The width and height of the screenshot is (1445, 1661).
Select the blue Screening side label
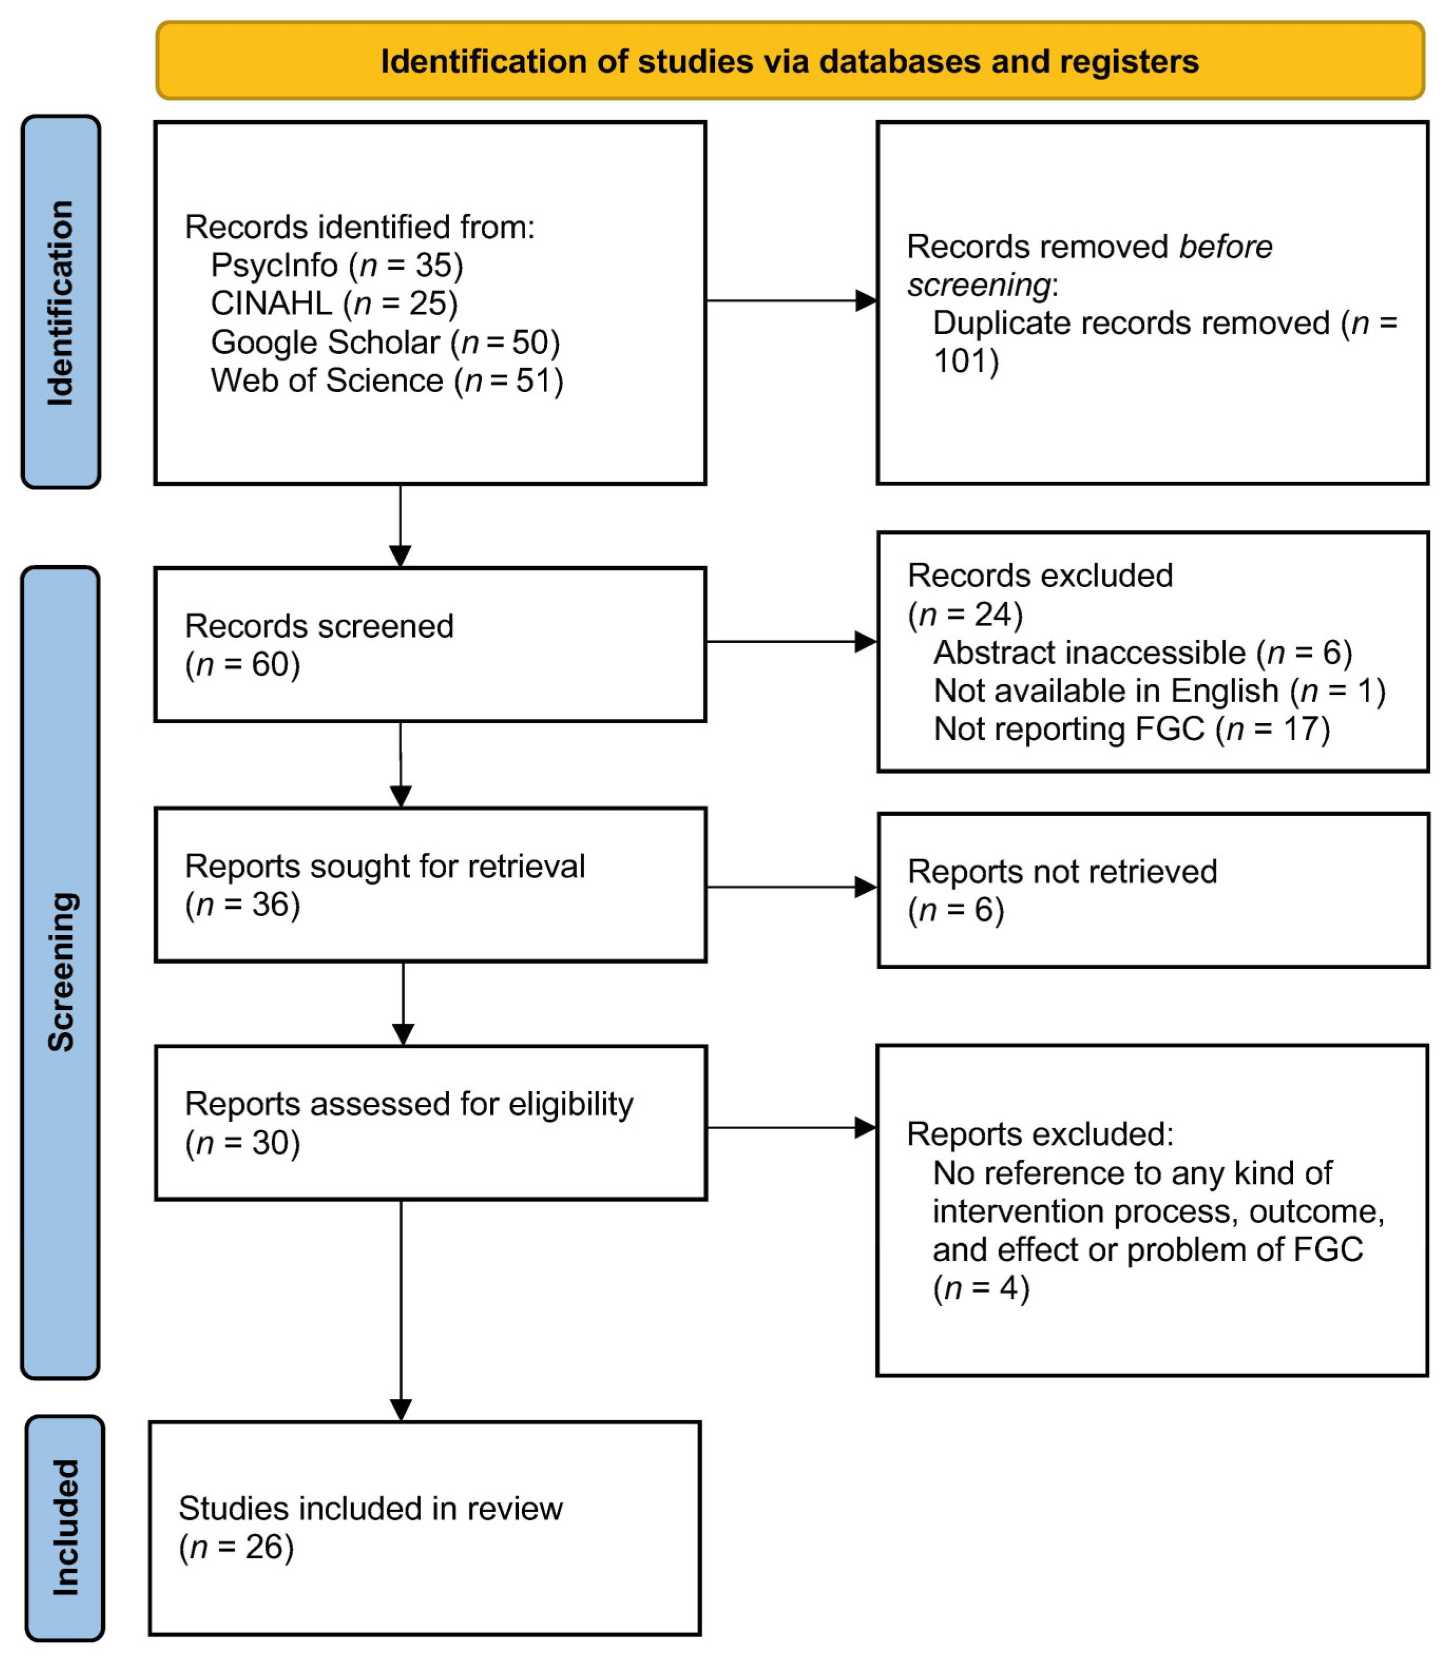(x=61, y=972)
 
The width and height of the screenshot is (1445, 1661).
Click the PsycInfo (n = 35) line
(x=336, y=265)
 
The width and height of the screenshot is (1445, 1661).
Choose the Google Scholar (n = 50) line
(x=385, y=343)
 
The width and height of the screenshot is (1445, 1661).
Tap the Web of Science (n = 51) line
(x=387, y=381)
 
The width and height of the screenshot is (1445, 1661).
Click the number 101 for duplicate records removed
(x=965, y=361)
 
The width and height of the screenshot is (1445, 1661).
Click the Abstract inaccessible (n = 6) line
(x=1142, y=652)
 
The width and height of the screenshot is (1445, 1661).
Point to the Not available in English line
(x=1159, y=691)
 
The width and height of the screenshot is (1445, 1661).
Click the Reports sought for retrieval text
(x=385, y=867)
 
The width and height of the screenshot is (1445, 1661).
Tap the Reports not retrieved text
(x=1061, y=872)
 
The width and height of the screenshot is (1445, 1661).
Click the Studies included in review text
(x=370, y=1509)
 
